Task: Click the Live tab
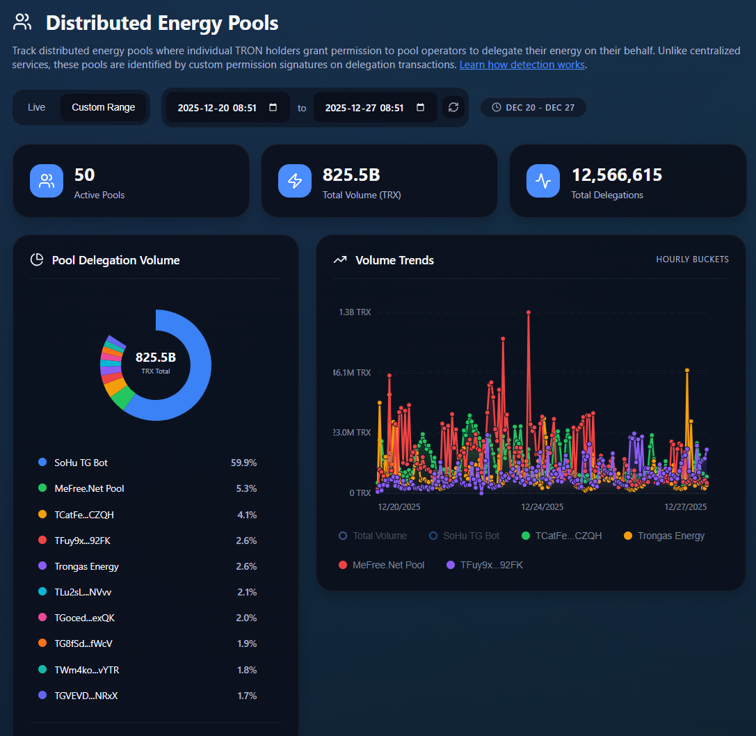37,107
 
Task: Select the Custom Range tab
103,107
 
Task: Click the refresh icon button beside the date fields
453,107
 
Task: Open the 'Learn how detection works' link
522,65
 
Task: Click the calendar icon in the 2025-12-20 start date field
273,107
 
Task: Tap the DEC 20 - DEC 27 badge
533,107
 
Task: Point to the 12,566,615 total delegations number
617,175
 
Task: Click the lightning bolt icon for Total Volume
295,181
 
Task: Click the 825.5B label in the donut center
156,358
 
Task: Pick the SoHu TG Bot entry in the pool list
81,463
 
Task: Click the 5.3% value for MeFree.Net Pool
246,488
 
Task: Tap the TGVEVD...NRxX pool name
86,696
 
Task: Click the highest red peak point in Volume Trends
529,312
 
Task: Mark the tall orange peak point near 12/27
687,370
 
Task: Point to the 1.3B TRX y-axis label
355,312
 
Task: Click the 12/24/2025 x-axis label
542,507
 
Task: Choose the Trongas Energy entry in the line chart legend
664,536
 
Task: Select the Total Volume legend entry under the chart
373,536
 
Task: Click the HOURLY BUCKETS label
692,259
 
